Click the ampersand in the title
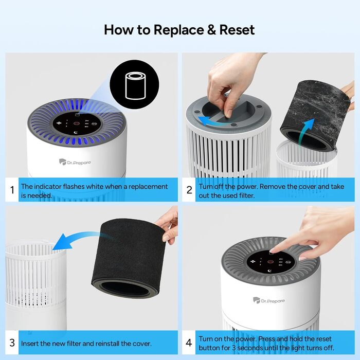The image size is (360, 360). (211, 30)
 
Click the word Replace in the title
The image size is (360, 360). (178, 30)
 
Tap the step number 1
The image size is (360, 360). (12, 190)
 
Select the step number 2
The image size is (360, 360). (189, 190)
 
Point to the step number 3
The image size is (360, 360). (12, 343)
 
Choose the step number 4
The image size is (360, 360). (189, 343)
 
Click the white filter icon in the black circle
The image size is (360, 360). (135, 86)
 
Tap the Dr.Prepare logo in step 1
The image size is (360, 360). (75, 162)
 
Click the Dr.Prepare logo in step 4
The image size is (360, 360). (269, 300)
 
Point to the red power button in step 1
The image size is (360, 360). (77, 123)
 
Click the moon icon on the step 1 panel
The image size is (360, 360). (76, 132)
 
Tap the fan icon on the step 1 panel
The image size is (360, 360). (59, 123)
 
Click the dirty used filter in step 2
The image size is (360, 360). (315, 115)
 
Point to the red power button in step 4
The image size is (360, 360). (270, 262)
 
